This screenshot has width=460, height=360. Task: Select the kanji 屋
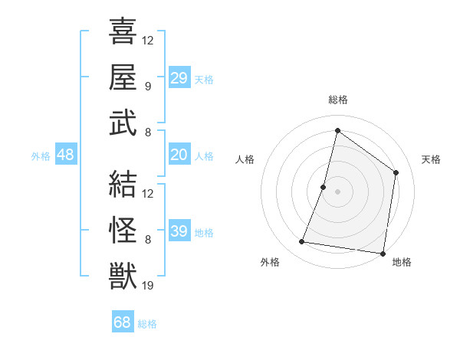point(123,77)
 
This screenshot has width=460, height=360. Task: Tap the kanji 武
point(123,123)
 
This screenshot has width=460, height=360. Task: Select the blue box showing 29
point(179,78)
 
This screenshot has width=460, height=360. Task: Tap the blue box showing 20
point(179,155)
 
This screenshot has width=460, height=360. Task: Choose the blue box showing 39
point(179,231)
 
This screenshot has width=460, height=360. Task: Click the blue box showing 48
point(66,155)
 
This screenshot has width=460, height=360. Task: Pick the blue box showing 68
point(123,322)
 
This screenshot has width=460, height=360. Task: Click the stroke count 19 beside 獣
point(149,286)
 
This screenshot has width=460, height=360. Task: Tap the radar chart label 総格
point(337,100)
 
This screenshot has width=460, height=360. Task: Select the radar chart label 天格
point(431,159)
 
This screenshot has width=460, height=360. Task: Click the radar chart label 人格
point(245,159)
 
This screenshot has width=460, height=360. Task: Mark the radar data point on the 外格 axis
point(302,242)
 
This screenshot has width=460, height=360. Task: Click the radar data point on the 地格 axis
point(382,253)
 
